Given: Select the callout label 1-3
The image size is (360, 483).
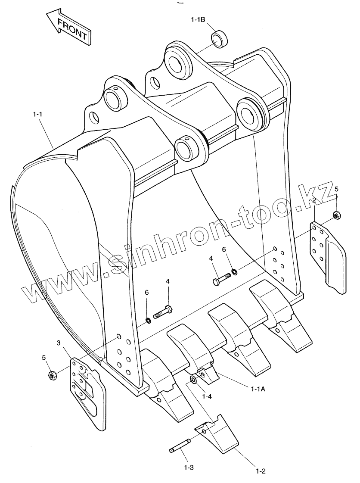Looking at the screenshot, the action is tap(189, 467).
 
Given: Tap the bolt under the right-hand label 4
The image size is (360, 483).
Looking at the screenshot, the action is tap(222, 280).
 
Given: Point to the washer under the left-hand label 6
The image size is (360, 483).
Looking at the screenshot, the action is tap(148, 320).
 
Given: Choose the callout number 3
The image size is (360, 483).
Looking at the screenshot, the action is tap(59, 343).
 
